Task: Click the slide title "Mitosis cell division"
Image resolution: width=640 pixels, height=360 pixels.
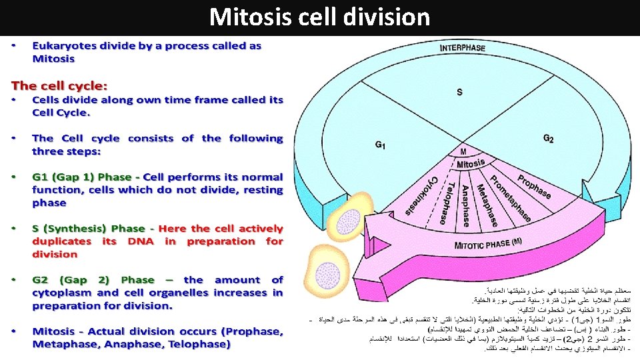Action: [319, 17]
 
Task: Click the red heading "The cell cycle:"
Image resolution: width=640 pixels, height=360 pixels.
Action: [59, 86]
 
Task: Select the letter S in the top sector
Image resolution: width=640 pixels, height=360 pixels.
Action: [459, 92]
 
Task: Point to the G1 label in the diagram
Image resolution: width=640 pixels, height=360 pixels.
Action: [380, 144]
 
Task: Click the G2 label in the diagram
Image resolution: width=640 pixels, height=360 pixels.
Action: [548, 138]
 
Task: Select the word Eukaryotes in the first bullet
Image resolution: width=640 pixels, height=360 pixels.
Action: [63, 46]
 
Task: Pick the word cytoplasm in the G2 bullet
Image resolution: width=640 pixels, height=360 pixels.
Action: [61, 293]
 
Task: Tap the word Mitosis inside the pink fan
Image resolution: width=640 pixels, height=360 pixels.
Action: [471, 164]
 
